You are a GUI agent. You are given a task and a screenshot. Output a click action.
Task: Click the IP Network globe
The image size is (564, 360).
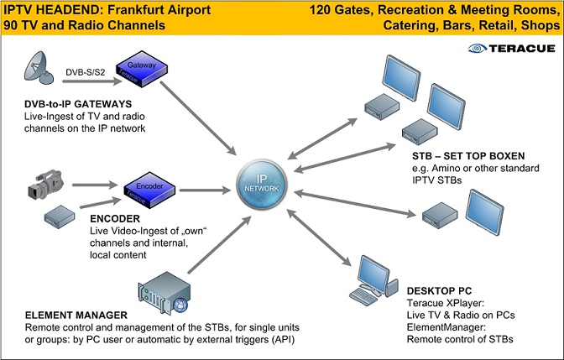point(259,184)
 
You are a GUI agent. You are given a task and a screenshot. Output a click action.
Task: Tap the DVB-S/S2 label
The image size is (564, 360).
point(84,72)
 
